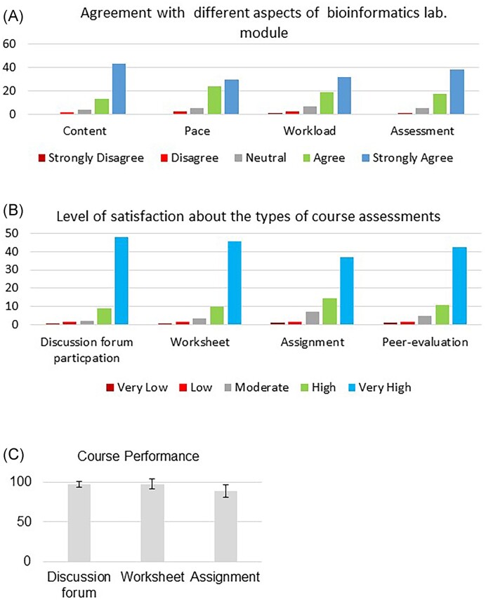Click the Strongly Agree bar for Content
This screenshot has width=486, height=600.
tap(119, 89)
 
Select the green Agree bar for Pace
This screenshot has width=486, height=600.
tap(214, 100)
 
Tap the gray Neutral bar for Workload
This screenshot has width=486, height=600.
tap(310, 110)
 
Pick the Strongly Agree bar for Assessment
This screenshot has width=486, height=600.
tap(457, 92)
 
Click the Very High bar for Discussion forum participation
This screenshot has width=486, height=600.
tap(121, 281)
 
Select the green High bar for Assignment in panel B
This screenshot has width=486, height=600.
tap(330, 312)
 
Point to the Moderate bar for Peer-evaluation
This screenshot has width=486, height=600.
tap(425, 320)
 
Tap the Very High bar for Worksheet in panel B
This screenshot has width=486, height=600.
tap(235, 283)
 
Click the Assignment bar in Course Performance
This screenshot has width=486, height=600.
tap(225, 526)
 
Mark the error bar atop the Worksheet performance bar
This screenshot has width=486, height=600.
tap(152, 484)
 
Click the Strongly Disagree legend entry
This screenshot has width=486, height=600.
tap(91, 158)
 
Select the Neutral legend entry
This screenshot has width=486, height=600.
tap(261, 158)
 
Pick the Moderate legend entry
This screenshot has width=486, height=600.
tap(256, 387)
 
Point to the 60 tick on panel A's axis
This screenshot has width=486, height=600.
tap(9, 44)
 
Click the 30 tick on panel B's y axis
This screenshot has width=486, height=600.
tap(12, 269)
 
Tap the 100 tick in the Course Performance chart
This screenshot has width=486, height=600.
tap(20, 482)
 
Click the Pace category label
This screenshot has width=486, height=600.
tap(197, 131)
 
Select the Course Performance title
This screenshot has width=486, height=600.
tap(138, 456)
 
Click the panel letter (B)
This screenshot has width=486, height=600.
tap(13, 211)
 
